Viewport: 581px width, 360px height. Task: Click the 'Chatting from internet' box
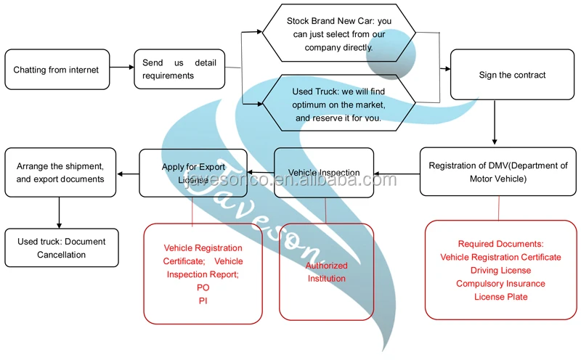click(x=57, y=70)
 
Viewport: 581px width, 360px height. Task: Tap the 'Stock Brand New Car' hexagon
click(x=339, y=33)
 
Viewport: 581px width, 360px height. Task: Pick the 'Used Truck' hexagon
click(x=339, y=105)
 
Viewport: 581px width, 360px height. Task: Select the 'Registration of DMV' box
click(x=498, y=172)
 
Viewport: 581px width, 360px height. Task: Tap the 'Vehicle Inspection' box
click(x=324, y=173)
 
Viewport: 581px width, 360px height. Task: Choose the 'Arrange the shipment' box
click(x=60, y=173)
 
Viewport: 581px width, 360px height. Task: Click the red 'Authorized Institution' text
click(x=327, y=272)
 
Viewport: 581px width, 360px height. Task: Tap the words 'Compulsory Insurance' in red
click(x=500, y=284)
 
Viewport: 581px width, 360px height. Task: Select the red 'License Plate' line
click(x=500, y=297)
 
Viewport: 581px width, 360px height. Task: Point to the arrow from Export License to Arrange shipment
click(x=128, y=173)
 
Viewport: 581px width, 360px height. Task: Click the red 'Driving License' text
click(x=500, y=271)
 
